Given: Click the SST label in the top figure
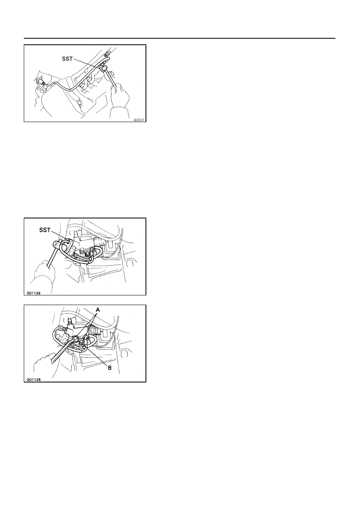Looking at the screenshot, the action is point(67,59).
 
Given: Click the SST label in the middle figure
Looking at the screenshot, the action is point(45,230).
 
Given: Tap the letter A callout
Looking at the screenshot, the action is point(98,310).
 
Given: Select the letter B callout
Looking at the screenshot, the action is point(110,368).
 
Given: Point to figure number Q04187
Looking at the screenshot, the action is point(139,120).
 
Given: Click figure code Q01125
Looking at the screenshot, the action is point(33,293).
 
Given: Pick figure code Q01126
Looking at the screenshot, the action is point(33,380).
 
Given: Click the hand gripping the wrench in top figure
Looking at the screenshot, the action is point(120,97).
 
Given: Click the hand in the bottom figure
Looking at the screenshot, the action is point(44,364).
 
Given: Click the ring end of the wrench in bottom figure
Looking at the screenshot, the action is point(75,340).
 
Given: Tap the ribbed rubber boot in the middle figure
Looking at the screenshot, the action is point(100,243).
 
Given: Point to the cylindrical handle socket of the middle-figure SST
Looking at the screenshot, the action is point(56,244).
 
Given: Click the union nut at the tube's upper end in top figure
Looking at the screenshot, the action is point(106,54).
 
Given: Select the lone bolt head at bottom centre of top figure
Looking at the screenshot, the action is point(79,102).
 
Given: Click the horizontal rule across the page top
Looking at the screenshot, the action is point(179,38).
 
